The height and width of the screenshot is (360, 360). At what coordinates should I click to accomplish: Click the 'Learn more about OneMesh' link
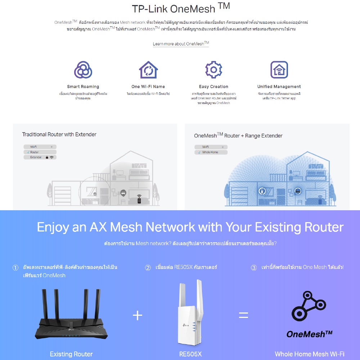click(x=181, y=44)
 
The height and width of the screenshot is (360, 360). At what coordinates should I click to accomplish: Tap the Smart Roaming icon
click(x=83, y=70)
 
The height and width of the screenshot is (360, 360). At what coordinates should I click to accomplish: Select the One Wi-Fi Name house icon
click(x=148, y=70)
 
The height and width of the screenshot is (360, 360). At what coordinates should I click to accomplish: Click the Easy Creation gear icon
click(x=213, y=70)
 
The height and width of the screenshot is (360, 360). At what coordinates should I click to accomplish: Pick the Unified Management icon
click(x=279, y=70)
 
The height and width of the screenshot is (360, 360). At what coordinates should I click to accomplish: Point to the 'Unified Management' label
click(x=279, y=87)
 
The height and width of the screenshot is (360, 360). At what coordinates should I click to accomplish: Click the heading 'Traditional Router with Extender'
click(x=59, y=134)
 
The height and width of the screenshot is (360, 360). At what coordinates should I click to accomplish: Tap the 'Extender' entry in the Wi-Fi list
click(x=36, y=157)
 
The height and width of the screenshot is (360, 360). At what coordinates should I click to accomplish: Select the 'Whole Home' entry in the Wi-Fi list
click(x=210, y=152)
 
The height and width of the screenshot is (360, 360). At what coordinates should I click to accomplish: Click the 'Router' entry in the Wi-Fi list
click(x=35, y=152)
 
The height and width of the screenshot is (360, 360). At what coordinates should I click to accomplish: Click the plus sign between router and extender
click(x=138, y=316)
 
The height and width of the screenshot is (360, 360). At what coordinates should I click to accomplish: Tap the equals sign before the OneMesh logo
click(x=244, y=316)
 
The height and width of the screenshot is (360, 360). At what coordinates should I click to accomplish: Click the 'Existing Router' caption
click(x=71, y=354)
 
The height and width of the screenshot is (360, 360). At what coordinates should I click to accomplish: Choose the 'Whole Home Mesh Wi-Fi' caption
click(x=310, y=354)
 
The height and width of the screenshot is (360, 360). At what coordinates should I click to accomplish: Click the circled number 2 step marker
click(x=148, y=267)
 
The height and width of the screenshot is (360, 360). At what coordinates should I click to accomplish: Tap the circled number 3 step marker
click(x=254, y=267)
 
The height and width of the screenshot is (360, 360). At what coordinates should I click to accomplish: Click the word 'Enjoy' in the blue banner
click(x=53, y=228)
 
